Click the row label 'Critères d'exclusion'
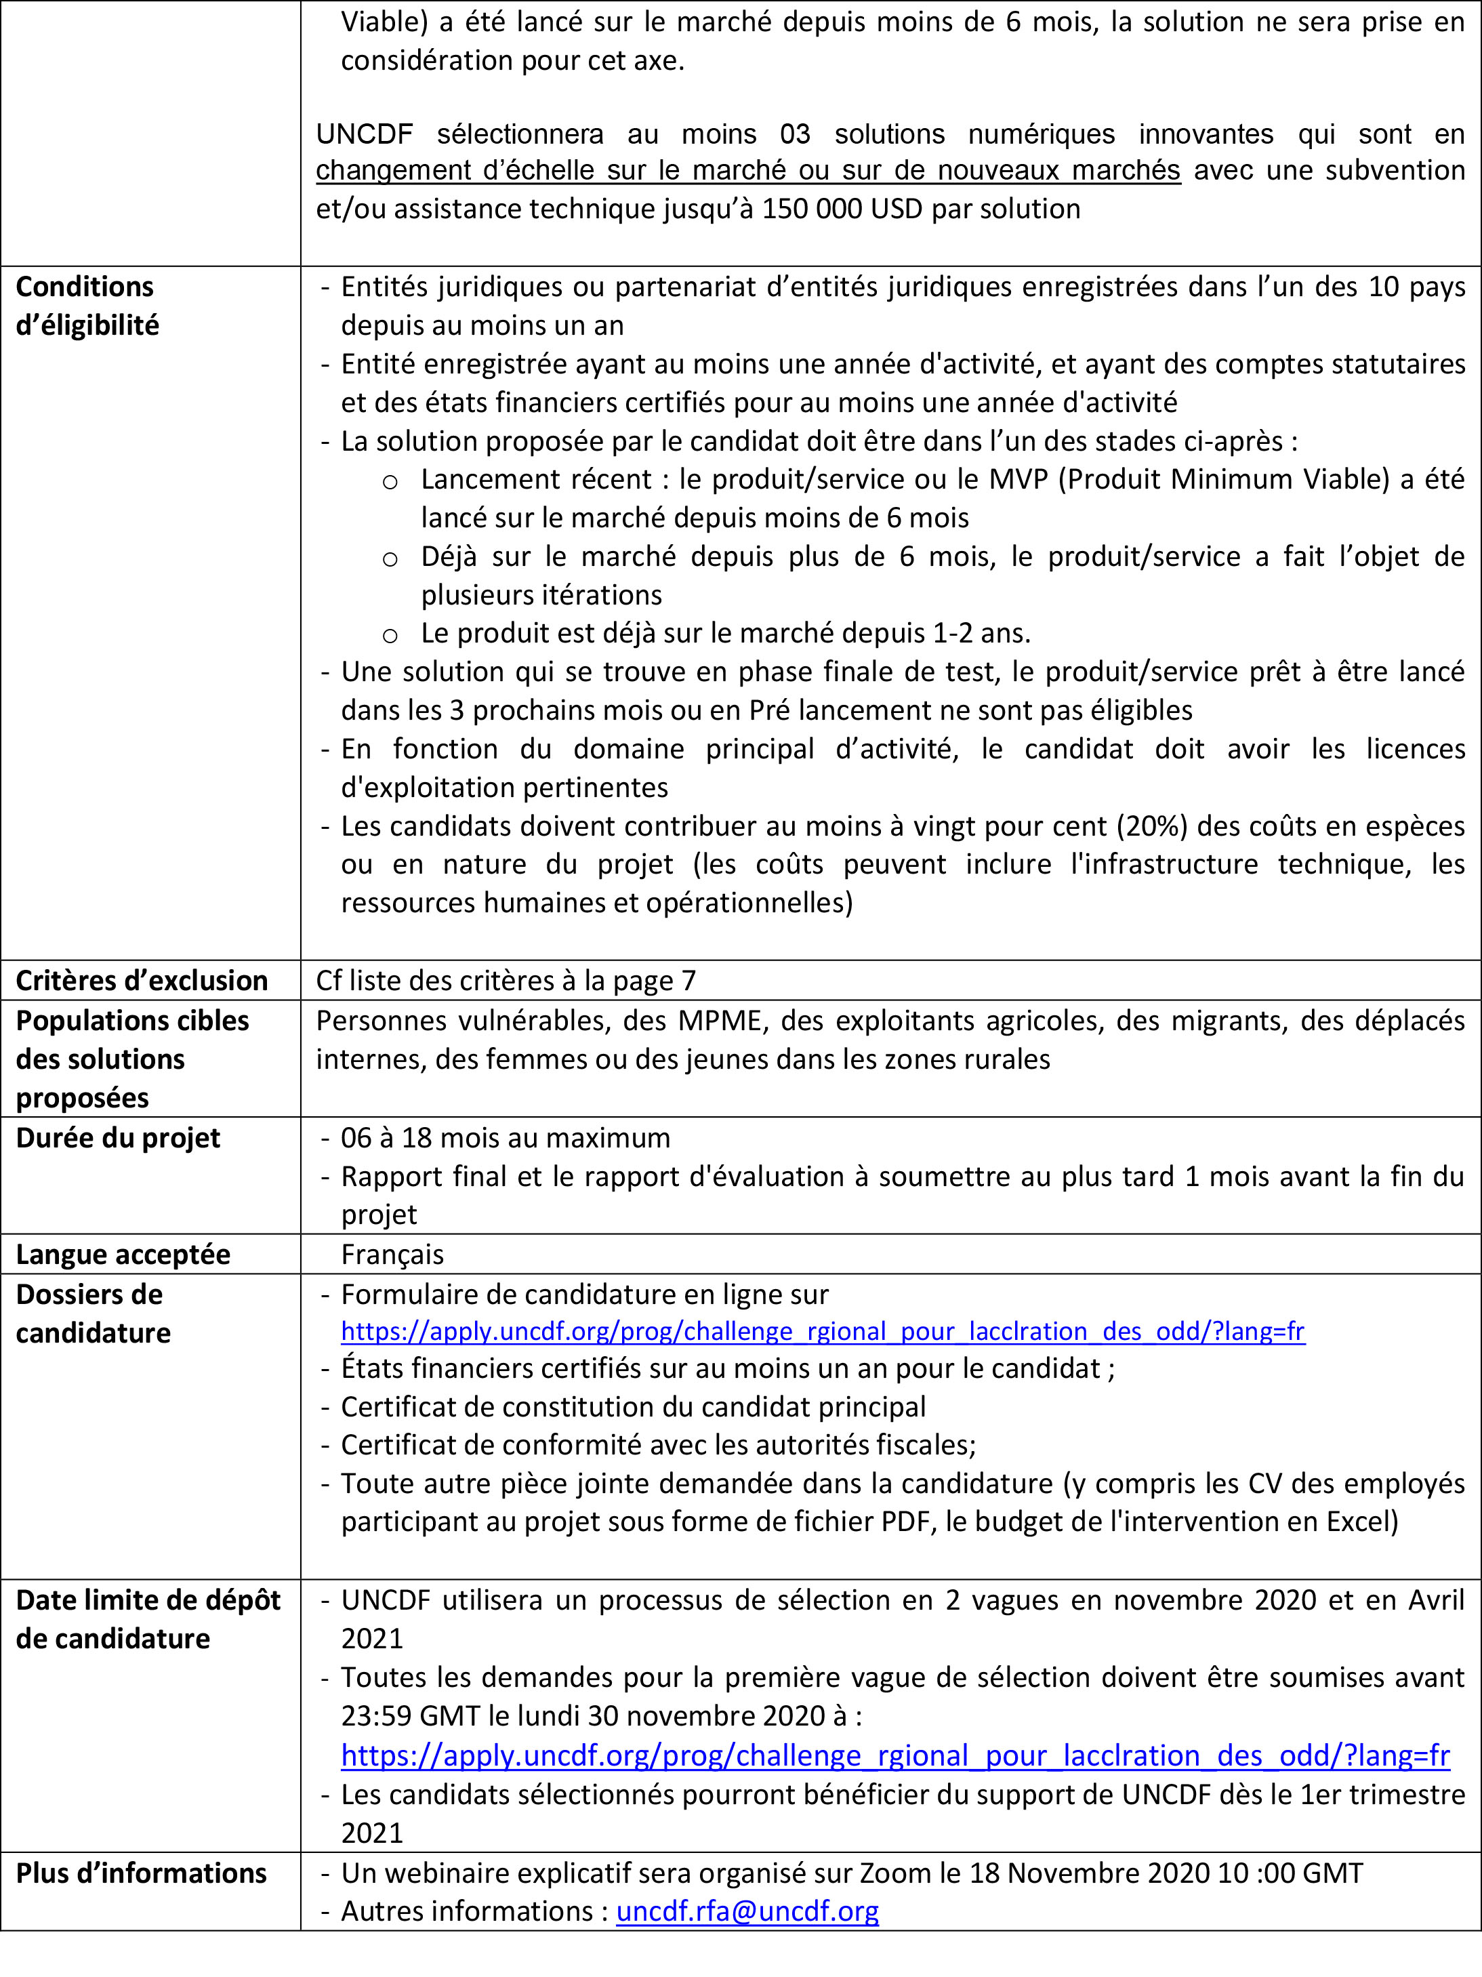click(x=141, y=981)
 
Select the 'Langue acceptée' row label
click(x=123, y=1254)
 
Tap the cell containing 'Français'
click(x=392, y=1254)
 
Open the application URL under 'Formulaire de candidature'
click(x=823, y=1331)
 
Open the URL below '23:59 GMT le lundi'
click(x=894, y=1755)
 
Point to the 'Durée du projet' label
click(x=118, y=1138)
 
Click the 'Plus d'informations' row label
click(x=141, y=1873)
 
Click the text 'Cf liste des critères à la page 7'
click(x=505, y=981)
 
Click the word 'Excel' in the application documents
click(x=1350, y=1521)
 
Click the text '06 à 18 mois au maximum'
click(x=505, y=1138)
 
